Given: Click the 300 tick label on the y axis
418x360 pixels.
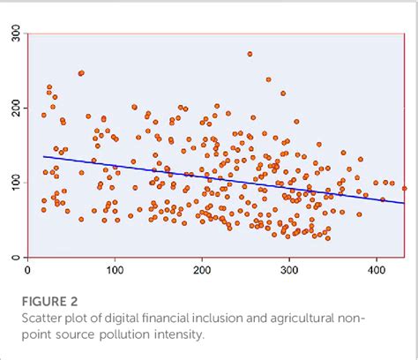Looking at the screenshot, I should (16, 34).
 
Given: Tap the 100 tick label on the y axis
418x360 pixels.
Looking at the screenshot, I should (16, 184).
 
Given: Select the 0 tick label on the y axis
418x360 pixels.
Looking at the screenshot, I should (16, 257).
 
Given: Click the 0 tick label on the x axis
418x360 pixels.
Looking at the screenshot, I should (28, 270).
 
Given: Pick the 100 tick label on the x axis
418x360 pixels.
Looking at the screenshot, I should (115, 270).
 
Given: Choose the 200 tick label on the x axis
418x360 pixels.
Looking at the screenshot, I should (202, 270).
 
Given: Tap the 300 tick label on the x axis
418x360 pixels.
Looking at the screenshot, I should (289, 270).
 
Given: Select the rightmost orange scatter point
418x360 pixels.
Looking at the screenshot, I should (405, 188).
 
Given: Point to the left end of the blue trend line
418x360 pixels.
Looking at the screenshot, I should (43, 156).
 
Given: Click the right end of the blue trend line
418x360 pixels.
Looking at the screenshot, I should (405, 203).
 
